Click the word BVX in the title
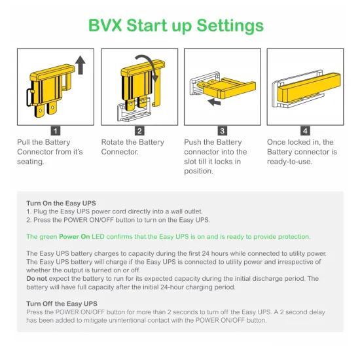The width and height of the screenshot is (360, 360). (x=105, y=26)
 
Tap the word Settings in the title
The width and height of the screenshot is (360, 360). (x=230, y=26)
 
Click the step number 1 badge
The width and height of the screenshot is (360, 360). (x=56, y=131)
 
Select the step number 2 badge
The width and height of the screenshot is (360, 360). (x=139, y=131)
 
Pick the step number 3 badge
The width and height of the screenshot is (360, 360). (x=223, y=131)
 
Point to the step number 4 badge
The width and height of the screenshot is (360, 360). (x=305, y=131)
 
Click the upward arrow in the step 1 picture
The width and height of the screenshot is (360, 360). (x=81, y=65)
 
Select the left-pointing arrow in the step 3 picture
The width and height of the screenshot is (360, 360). (x=214, y=101)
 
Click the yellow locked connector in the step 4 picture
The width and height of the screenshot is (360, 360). (x=309, y=87)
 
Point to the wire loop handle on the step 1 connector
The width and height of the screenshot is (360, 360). (x=29, y=98)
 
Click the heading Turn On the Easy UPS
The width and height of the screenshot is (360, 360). (x=61, y=203)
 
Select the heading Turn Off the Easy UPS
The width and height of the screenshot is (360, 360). (x=62, y=304)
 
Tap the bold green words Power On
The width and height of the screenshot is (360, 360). (x=75, y=237)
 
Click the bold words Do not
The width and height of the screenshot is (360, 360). (x=37, y=278)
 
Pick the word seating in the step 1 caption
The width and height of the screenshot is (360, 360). (x=30, y=162)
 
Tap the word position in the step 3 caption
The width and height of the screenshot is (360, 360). (x=198, y=171)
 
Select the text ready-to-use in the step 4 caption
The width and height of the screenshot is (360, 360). (x=289, y=162)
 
